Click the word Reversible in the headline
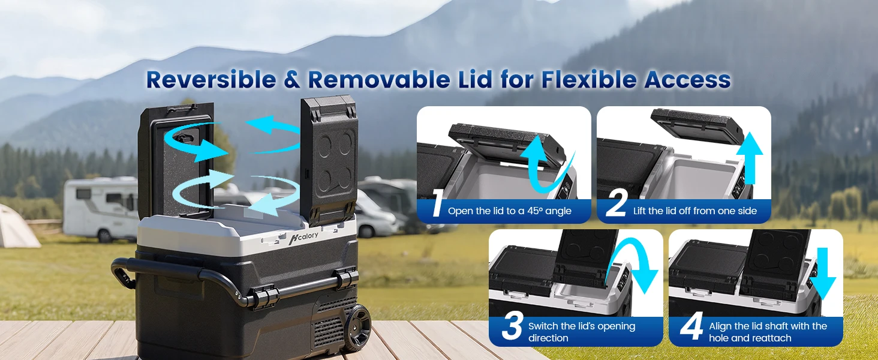click(211, 79)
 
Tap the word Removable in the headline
click(378, 79)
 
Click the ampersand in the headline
click(292, 80)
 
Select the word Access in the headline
click(687, 79)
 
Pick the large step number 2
click(616, 203)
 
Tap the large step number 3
click(512, 325)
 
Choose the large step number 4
click(691, 325)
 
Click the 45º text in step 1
click(535, 211)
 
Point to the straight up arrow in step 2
click(750, 158)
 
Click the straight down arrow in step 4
click(822, 273)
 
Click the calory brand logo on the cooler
click(303, 237)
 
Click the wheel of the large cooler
click(358, 328)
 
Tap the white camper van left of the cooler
click(101, 209)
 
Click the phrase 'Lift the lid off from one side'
click(695, 211)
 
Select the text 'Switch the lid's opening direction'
click(582, 332)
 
